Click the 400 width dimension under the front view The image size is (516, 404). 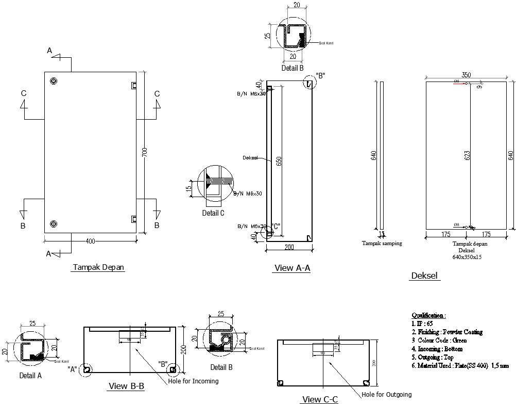coord(91,241)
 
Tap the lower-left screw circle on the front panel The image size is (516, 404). coord(53,223)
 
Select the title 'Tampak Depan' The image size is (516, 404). coord(98,267)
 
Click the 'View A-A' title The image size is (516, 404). coord(293,268)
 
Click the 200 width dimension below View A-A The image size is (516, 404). coord(289,247)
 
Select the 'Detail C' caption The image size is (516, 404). coord(213,213)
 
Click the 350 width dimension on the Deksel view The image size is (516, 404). coord(466,75)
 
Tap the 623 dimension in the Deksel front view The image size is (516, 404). coord(467,154)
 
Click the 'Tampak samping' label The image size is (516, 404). coord(382,243)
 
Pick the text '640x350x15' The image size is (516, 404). coord(467,256)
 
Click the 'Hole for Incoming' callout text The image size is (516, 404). coord(193,381)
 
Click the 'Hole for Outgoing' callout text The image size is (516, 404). coord(386,395)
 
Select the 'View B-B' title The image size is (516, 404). coord(126,386)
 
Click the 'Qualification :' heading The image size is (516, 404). coord(428,315)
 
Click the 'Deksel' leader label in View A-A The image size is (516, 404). coord(250,158)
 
